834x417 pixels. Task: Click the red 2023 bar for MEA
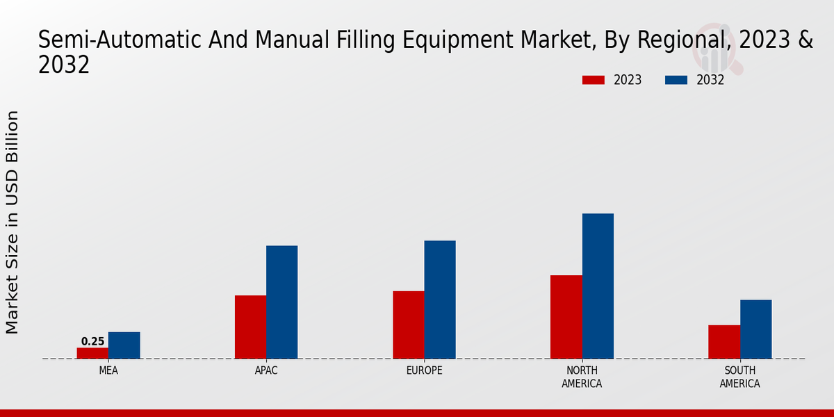[x=92, y=353]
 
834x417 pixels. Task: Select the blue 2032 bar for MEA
[x=124, y=345]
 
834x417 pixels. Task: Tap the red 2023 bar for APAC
[x=250, y=327]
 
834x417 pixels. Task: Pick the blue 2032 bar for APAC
[x=281, y=302]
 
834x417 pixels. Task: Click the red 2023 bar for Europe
[x=408, y=325]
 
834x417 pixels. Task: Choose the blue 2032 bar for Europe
[x=440, y=300]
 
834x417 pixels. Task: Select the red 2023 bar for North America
[x=566, y=317]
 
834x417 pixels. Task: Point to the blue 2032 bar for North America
[x=598, y=286]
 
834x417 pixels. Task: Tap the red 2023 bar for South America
[x=724, y=342]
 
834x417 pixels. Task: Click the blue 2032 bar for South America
[x=755, y=329]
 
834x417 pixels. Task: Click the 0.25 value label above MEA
[x=92, y=341]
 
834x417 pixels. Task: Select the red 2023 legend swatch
[x=593, y=80]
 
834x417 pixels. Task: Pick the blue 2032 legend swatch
[x=676, y=80]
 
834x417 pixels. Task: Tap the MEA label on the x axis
[x=108, y=370]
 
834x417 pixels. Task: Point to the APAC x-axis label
[x=266, y=370]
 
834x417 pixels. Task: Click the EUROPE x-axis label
[x=424, y=370]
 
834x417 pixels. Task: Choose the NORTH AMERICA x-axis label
[x=582, y=377]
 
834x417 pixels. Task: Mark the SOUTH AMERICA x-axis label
[x=739, y=377]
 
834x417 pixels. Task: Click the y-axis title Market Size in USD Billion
[x=13, y=222]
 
